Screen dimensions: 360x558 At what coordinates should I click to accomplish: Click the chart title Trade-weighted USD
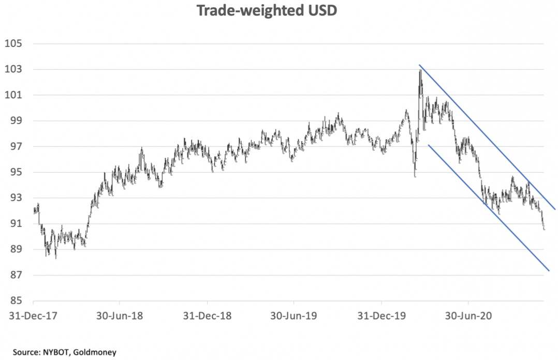[x=267, y=11]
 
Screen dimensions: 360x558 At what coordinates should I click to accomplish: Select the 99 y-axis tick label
[x=15, y=121]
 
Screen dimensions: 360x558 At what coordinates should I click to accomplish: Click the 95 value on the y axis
[x=15, y=172]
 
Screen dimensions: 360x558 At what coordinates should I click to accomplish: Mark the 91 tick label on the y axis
[x=15, y=224]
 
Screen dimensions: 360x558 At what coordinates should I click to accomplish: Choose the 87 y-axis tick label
[x=15, y=275]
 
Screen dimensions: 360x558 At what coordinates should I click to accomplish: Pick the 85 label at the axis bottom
[x=15, y=301]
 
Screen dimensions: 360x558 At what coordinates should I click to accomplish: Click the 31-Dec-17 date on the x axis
[x=33, y=315]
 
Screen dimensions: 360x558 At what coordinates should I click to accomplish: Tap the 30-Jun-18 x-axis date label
[x=120, y=315]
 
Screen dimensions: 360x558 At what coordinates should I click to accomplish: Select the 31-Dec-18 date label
[x=207, y=315]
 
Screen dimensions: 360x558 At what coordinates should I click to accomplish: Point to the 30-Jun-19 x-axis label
[x=294, y=315]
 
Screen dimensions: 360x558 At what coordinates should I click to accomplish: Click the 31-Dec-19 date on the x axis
[x=381, y=315]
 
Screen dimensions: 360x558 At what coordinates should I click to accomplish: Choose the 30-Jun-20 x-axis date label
[x=468, y=315]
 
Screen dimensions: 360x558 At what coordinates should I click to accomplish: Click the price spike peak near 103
[x=420, y=70]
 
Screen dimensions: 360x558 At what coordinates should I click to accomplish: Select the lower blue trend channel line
[x=487, y=207]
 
